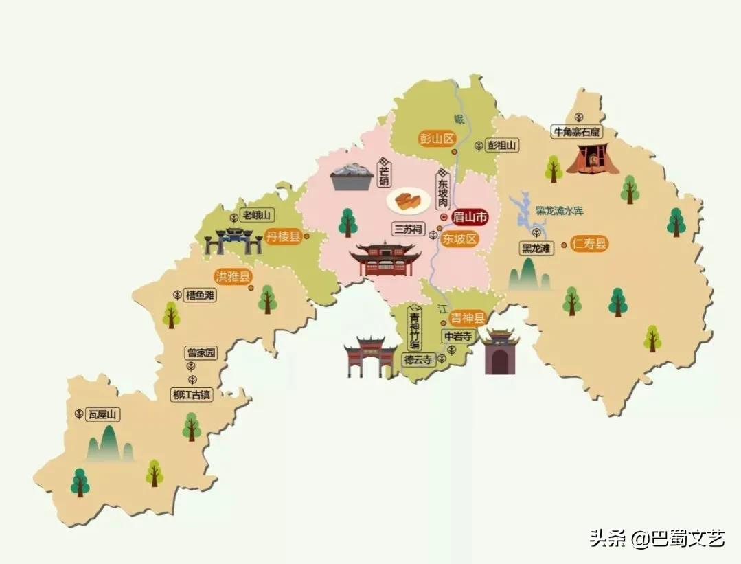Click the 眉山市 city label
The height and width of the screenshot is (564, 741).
pos(469,218)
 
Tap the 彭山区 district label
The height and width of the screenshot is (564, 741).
pos(437,138)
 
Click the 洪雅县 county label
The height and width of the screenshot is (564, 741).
pos(233,277)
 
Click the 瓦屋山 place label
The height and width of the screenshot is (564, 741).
pos(103,414)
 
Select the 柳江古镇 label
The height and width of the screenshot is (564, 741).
pos(193,395)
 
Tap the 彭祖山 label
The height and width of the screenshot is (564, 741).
pos(501,146)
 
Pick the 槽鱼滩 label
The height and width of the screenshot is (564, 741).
pos(200,295)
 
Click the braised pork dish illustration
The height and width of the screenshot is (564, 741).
pos(408,202)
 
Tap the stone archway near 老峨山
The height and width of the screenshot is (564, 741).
pos(233,240)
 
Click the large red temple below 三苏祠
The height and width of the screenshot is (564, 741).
pos(385,260)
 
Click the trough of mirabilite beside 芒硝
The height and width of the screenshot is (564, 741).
pos(351,178)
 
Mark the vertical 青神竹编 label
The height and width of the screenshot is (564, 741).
pos(413,329)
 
